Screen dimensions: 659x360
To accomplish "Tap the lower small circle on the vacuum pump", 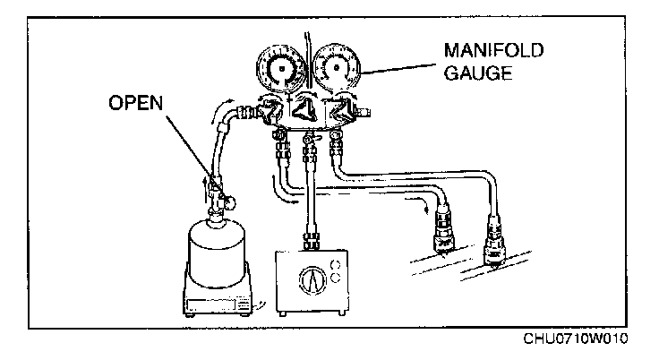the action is click(x=338, y=279).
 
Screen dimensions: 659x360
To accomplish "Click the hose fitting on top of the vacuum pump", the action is click(x=312, y=239).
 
